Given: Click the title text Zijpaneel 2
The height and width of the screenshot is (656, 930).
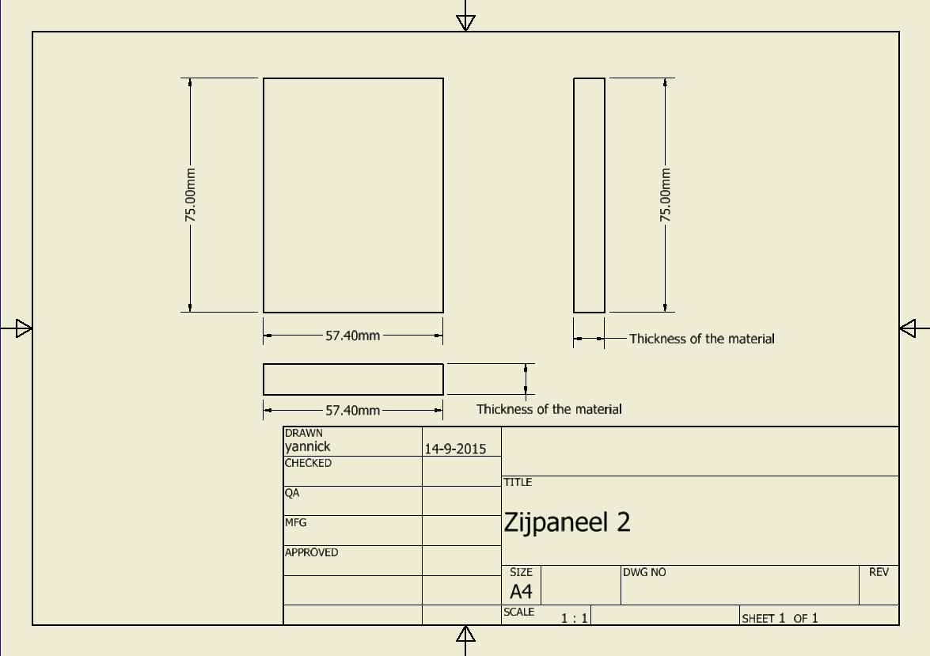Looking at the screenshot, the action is click(x=567, y=523).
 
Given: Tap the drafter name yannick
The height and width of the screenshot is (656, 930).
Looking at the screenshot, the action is click(x=307, y=446).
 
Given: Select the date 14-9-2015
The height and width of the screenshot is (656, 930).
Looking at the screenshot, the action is click(x=455, y=449).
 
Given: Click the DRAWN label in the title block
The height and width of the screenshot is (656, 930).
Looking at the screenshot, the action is click(x=304, y=433).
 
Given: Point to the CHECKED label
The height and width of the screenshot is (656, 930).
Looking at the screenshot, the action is click(x=308, y=463).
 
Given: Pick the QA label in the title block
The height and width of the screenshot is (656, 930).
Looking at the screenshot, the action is click(x=292, y=493).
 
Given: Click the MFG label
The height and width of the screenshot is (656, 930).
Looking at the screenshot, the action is click(x=295, y=522).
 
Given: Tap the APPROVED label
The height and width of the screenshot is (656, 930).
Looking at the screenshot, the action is click(x=311, y=552).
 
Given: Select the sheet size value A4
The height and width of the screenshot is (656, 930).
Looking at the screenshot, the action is click(x=521, y=591).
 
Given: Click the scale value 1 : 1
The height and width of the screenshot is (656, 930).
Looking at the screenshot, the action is click(x=574, y=618).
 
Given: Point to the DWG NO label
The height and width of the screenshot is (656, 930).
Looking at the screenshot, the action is click(x=644, y=572).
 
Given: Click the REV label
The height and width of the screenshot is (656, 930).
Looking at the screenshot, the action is click(x=879, y=572).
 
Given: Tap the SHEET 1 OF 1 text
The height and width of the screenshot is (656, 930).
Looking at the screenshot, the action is click(x=780, y=618).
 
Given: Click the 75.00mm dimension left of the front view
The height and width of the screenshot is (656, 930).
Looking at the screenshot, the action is click(x=190, y=195).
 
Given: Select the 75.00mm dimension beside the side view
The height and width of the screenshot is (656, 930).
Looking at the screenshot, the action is click(x=665, y=195).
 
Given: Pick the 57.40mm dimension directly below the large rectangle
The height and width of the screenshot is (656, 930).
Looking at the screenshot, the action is click(x=352, y=336).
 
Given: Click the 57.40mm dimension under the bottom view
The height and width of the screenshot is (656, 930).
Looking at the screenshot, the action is click(x=352, y=411).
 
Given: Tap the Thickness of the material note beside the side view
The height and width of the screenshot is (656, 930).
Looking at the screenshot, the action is click(x=701, y=339).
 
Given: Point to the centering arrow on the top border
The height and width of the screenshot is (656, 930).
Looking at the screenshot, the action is click(x=465, y=22).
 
